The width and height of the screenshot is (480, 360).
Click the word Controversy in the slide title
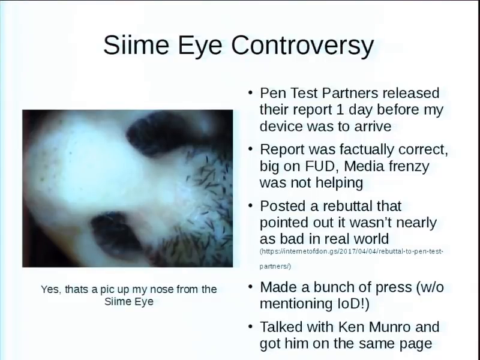tap(302, 46)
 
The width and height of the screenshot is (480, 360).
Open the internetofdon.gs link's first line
tap(352, 251)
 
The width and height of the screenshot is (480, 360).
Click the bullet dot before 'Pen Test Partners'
tap(250, 92)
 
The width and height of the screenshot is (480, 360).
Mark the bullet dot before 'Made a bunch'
tap(250, 286)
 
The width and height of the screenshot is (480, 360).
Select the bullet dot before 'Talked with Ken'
tap(250, 326)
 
